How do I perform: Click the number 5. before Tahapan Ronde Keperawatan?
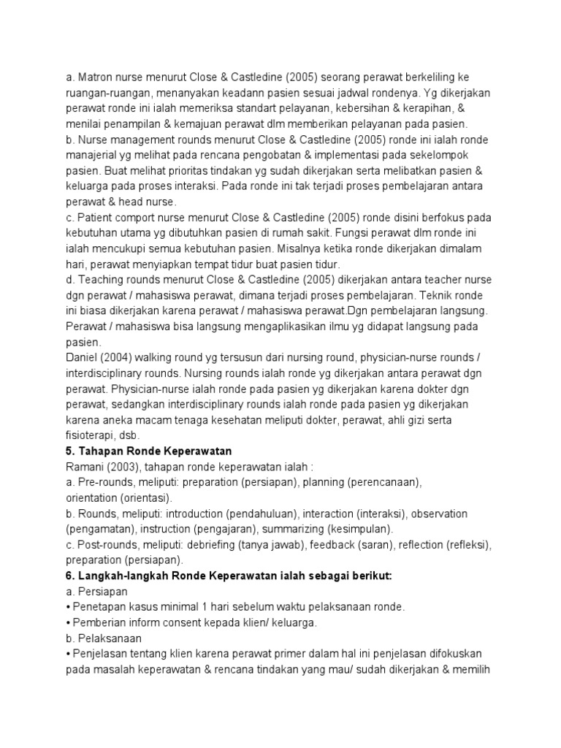(71, 450)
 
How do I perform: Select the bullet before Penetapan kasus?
(68, 607)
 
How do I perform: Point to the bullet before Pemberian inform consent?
(68, 622)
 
